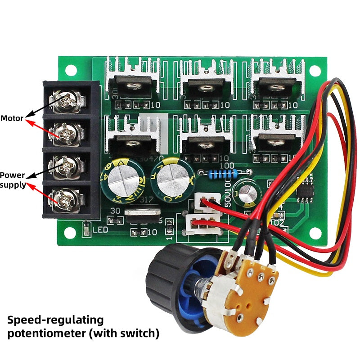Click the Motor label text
(x=12, y=119)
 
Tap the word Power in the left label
(x=12, y=175)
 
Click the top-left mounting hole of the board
(x=71, y=70)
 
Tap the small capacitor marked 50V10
(x=246, y=192)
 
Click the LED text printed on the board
(x=100, y=230)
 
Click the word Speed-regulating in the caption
(x=55, y=320)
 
